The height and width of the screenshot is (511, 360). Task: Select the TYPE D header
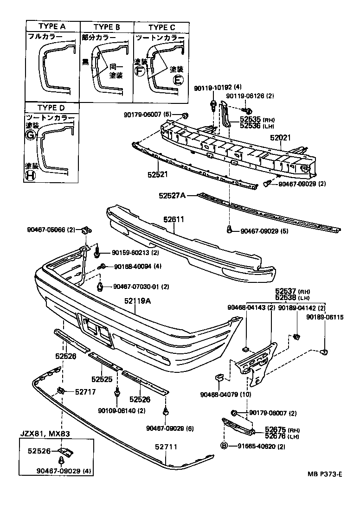pos(51,108)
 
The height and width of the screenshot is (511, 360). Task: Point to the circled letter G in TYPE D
pos(30,135)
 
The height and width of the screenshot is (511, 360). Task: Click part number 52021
pos(280,138)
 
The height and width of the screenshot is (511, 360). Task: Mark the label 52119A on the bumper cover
pos(138,301)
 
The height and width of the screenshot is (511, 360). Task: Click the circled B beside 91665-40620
pos(224,446)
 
